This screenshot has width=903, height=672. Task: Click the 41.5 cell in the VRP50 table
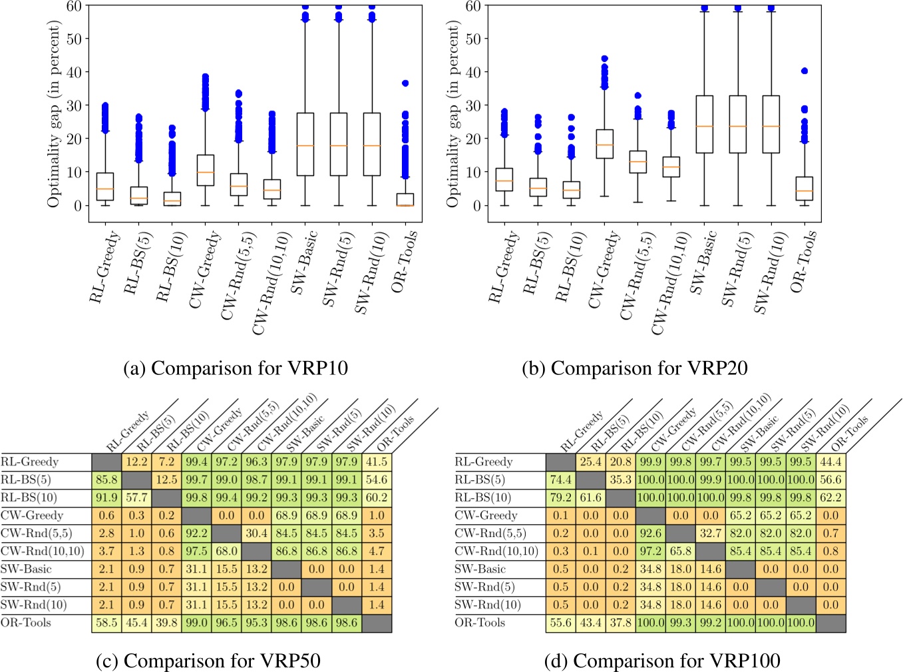coord(377,462)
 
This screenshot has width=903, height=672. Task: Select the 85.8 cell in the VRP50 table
coord(106,480)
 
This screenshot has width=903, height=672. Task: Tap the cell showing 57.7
coord(136,498)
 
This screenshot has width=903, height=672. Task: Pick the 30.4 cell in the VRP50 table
coord(256,533)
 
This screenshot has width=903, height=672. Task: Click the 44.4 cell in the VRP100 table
coord(830,462)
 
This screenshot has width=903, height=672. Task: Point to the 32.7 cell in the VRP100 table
coord(711,533)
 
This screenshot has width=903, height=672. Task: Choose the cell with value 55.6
coord(560,623)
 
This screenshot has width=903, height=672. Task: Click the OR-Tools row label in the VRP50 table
coord(26,623)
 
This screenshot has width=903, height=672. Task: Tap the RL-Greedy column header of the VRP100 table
coord(582,432)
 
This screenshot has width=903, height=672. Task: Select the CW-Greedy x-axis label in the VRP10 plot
coord(204,270)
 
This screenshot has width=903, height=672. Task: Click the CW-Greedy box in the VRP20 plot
coord(604,144)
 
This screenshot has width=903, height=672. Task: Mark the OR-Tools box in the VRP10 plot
coord(405,199)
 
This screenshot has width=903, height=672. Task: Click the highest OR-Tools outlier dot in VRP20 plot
coord(805,71)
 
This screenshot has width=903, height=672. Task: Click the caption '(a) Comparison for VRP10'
coord(236,368)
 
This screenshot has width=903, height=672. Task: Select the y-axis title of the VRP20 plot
coord(453,113)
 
